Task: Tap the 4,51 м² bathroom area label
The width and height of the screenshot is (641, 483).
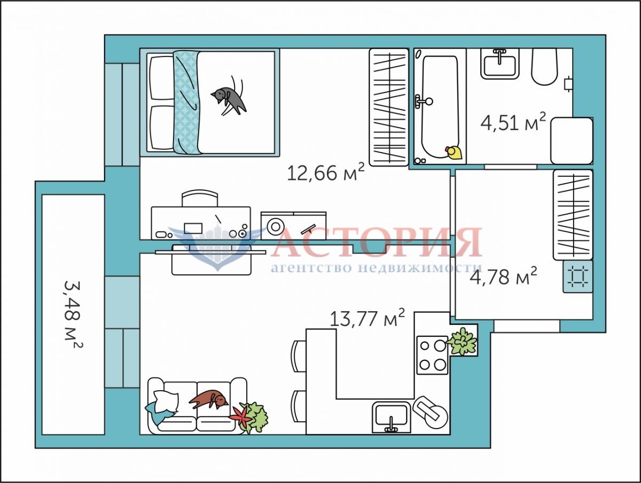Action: click(x=513, y=122)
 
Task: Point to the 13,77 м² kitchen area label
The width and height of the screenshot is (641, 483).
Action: click(x=368, y=318)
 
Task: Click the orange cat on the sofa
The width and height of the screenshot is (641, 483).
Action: click(x=208, y=400)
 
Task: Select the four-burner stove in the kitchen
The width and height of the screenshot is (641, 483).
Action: click(x=432, y=355)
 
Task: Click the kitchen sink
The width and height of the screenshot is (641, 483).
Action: click(x=392, y=417)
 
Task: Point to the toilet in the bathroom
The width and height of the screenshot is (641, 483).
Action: click(x=545, y=67)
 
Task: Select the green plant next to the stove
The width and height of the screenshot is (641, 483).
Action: click(x=462, y=341)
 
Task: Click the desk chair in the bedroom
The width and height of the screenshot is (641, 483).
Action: click(x=200, y=198)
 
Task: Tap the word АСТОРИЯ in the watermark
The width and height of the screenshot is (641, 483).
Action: click(x=377, y=242)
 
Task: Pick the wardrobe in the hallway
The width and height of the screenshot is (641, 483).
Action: click(x=573, y=215)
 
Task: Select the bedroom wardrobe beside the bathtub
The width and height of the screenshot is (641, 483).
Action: click(x=389, y=107)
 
